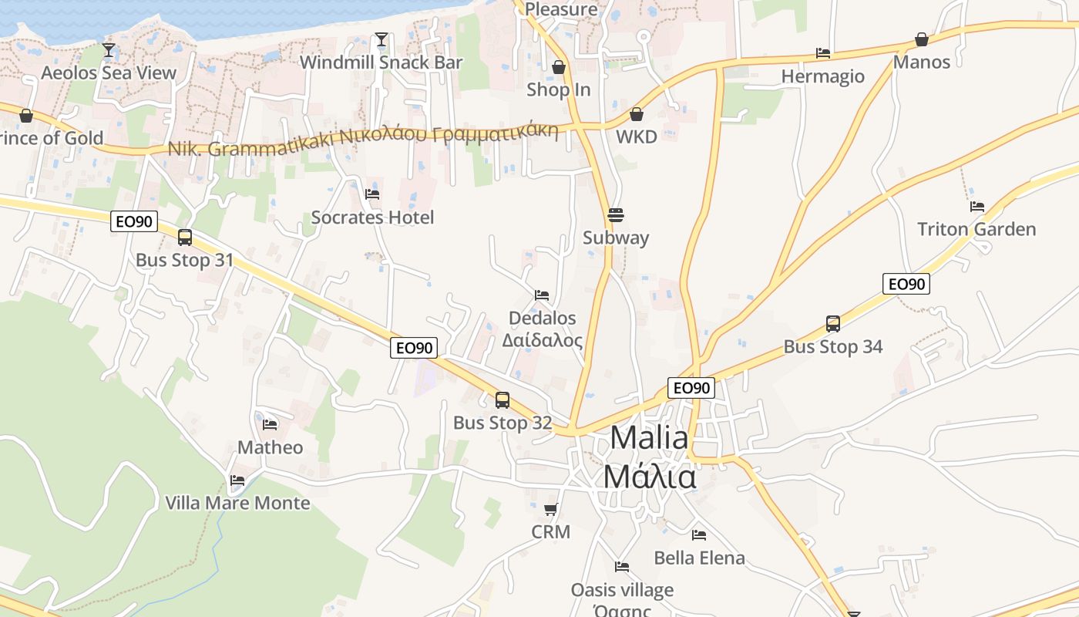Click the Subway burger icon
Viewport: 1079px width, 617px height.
pos(615,214)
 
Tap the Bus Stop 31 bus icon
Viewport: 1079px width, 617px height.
pos(185,238)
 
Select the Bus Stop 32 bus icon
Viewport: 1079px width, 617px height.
pos(503,400)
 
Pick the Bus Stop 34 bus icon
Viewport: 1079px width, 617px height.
pos(833,323)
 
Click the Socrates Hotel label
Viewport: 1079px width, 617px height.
pos(372,217)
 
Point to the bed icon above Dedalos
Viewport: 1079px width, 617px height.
pos(542,295)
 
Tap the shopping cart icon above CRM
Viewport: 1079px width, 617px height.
pos(550,509)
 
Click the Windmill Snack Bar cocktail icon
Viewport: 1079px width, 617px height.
pos(381,39)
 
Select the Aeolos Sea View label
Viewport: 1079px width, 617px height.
pos(109,73)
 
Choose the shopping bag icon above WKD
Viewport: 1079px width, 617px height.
pos(637,114)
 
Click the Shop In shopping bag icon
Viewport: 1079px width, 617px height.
pos(559,67)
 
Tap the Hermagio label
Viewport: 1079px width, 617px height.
pos(822,76)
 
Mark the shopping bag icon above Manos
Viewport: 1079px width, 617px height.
pos(921,39)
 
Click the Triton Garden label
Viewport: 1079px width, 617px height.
pos(976,229)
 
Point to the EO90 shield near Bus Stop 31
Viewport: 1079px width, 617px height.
pos(134,222)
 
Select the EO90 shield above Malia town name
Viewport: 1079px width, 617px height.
pos(691,388)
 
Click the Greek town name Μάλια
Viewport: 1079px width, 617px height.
pos(649,477)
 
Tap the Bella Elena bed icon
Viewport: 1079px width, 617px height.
pos(699,534)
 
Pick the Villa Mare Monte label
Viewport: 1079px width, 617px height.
pos(237,503)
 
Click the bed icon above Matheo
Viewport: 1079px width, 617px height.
pos(270,424)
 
